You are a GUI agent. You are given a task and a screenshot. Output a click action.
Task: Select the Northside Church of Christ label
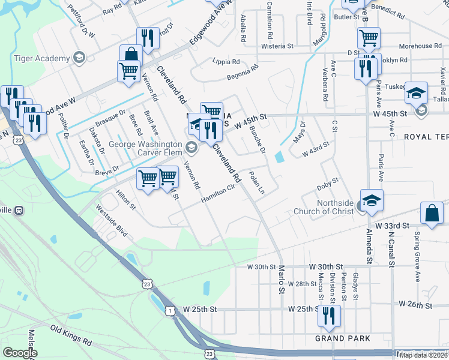click(x=324, y=207)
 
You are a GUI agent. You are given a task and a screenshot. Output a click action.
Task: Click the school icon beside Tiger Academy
click(x=78, y=57)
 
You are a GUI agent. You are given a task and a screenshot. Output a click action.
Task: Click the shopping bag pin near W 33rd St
click(x=432, y=213)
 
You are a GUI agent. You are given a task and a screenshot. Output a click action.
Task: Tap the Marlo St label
click(x=281, y=280)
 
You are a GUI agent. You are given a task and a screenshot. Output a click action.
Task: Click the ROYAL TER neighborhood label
click(x=426, y=137)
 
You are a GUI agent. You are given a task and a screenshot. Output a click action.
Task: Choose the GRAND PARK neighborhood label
click(x=343, y=339)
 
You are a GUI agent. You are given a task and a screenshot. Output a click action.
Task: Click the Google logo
click(x=20, y=353)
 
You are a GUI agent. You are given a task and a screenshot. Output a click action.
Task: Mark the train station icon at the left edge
click(x=19, y=211)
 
